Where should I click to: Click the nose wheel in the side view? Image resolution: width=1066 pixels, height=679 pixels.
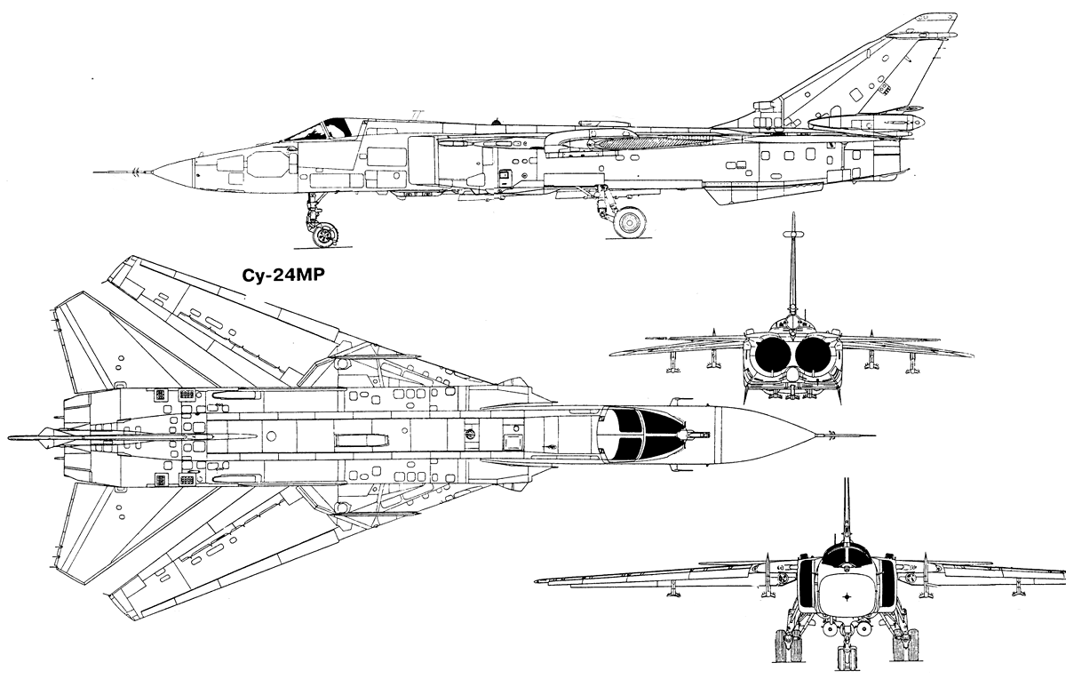click(x=325, y=235)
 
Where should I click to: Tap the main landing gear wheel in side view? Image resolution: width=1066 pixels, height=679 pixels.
click(x=630, y=222)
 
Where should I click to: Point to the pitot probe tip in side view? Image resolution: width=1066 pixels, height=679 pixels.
click(x=95, y=172)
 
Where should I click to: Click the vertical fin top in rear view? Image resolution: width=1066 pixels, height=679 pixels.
click(x=792, y=215)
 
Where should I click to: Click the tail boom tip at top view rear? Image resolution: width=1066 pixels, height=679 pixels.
click(x=11, y=438)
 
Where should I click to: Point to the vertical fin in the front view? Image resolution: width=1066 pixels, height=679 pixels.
click(x=847, y=514)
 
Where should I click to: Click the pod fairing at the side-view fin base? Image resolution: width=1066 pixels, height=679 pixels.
click(x=866, y=122)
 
